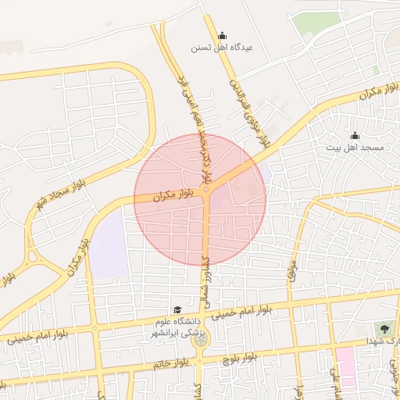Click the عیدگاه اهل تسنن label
click(223, 47)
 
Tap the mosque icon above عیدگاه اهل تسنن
click(223, 35)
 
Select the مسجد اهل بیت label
click(355, 147)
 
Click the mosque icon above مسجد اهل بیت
click(355, 135)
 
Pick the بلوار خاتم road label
click(172, 363)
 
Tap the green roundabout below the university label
click(202, 339)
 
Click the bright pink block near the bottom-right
click(345, 367)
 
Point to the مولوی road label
click(292, 270)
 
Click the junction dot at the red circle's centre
click(205, 190)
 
